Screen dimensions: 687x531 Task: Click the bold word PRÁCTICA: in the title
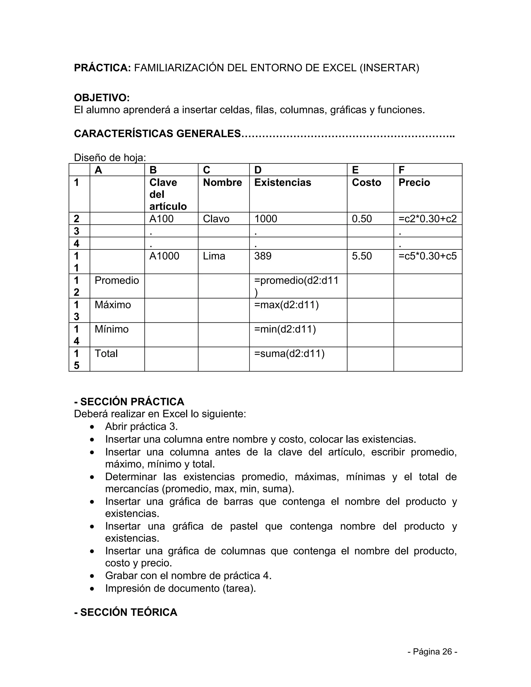pyautogui.click(x=102, y=68)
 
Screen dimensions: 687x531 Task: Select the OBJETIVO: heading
pyautogui.click(x=102, y=98)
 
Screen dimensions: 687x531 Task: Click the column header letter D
pyautogui.click(x=258, y=170)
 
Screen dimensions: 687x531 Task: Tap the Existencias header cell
pyautogui.click(x=283, y=183)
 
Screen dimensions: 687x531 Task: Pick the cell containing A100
pyautogui.click(x=161, y=219)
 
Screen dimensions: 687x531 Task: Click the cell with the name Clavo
pyautogui.click(x=216, y=219)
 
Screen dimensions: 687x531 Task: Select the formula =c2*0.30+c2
pyautogui.click(x=428, y=219)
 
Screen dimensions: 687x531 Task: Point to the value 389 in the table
pyautogui.click(x=263, y=256)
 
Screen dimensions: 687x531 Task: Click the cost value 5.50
pyautogui.click(x=362, y=256)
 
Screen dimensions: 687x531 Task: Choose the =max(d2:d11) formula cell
pyautogui.click(x=286, y=305)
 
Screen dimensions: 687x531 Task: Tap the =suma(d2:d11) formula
pyautogui.click(x=289, y=354)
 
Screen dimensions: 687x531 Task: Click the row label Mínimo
pyautogui.click(x=112, y=329)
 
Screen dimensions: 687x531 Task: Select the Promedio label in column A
pyautogui.click(x=117, y=280)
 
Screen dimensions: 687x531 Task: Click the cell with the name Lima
pyautogui.click(x=214, y=256)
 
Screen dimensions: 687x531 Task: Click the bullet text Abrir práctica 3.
pyautogui.click(x=141, y=427)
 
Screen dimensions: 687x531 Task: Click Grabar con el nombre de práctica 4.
pyautogui.click(x=188, y=576)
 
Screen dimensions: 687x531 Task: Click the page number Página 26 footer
pyautogui.click(x=432, y=652)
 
